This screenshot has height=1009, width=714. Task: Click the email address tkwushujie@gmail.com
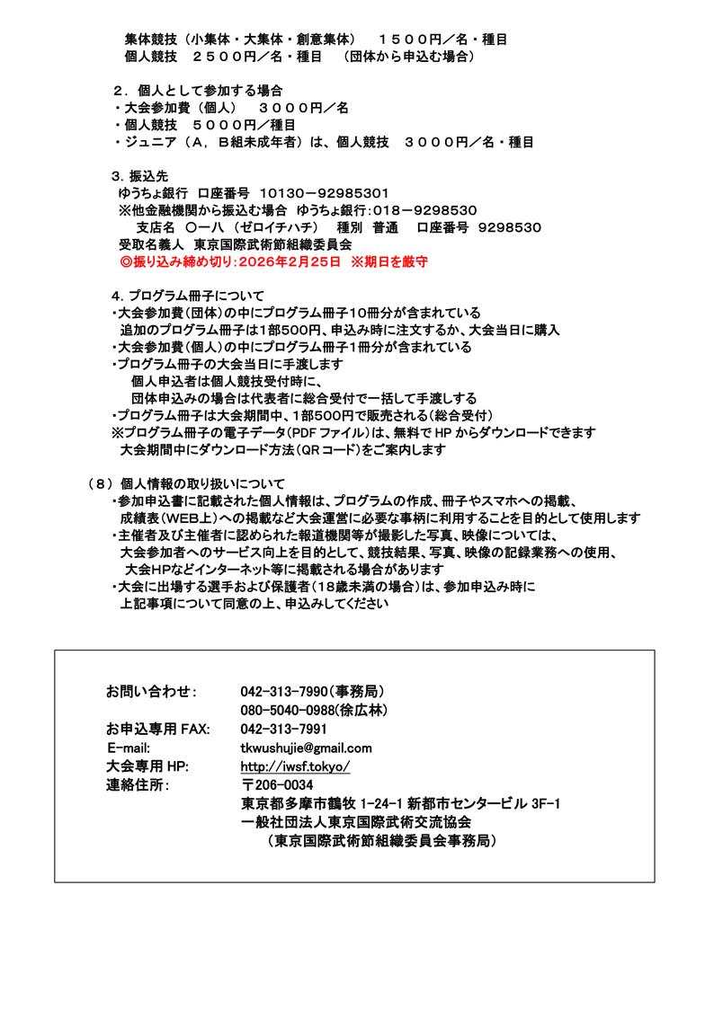(x=306, y=748)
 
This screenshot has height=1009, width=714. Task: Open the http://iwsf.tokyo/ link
(x=295, y=766)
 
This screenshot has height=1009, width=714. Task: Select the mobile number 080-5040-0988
(x=287, y=710)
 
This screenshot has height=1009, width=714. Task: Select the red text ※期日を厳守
(x=389, y=262)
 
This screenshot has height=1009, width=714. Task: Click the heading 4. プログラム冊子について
(x=188, y=296)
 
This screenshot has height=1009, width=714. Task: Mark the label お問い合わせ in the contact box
(x=150, y=691)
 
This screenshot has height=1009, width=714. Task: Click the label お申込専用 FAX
(x=157, y=729)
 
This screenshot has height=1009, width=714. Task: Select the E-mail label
(x=129, y=748)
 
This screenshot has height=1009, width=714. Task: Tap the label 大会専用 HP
(x=147, y=766)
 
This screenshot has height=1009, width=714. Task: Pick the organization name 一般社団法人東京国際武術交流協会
(x=356, y=822)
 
